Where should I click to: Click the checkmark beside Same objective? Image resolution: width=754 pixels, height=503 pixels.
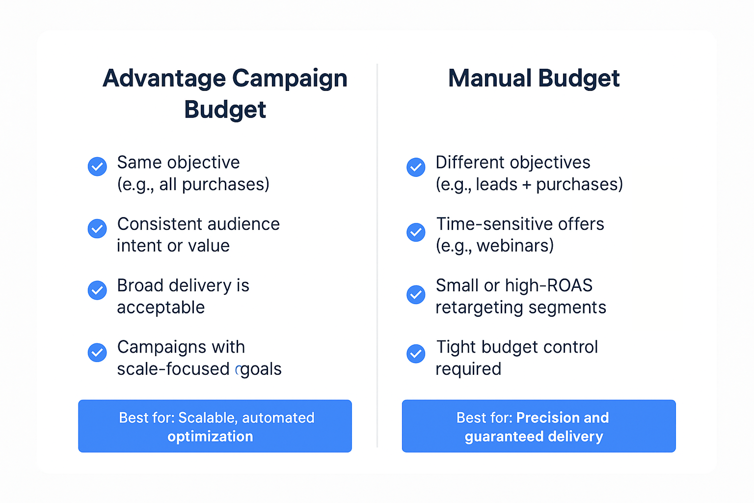[97, 167]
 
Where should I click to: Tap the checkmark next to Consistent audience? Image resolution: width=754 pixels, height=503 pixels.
[97, 228]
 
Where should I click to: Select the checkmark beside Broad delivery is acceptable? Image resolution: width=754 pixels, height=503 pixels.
[97, 290]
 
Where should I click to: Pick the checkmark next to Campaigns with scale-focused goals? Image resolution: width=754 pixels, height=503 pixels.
[97, 352]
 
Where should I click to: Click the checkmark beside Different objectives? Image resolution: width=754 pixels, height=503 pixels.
[416, 167]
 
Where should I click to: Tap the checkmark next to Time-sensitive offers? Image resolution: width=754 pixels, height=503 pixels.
[416, 232]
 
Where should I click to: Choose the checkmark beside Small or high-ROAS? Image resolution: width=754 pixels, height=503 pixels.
[416, 294]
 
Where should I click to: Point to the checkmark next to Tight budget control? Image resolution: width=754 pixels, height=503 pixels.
[416, 354]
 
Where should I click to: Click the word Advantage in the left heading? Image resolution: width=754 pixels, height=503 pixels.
[164, 79]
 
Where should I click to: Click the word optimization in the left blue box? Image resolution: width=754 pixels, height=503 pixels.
[210, 436]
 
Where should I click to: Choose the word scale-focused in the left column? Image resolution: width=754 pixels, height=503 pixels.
[173, 369]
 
